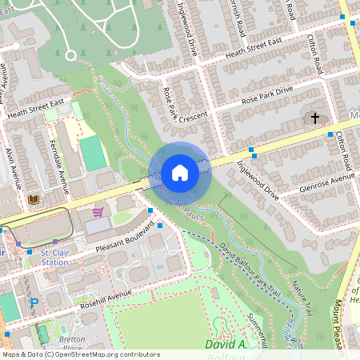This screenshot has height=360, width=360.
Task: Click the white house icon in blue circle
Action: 180,172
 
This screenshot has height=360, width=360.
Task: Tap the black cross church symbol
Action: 315,118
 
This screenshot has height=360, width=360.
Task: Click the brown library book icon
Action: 34,198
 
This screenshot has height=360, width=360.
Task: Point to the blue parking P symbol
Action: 34,303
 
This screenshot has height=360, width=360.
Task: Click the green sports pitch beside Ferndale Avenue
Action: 93,153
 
